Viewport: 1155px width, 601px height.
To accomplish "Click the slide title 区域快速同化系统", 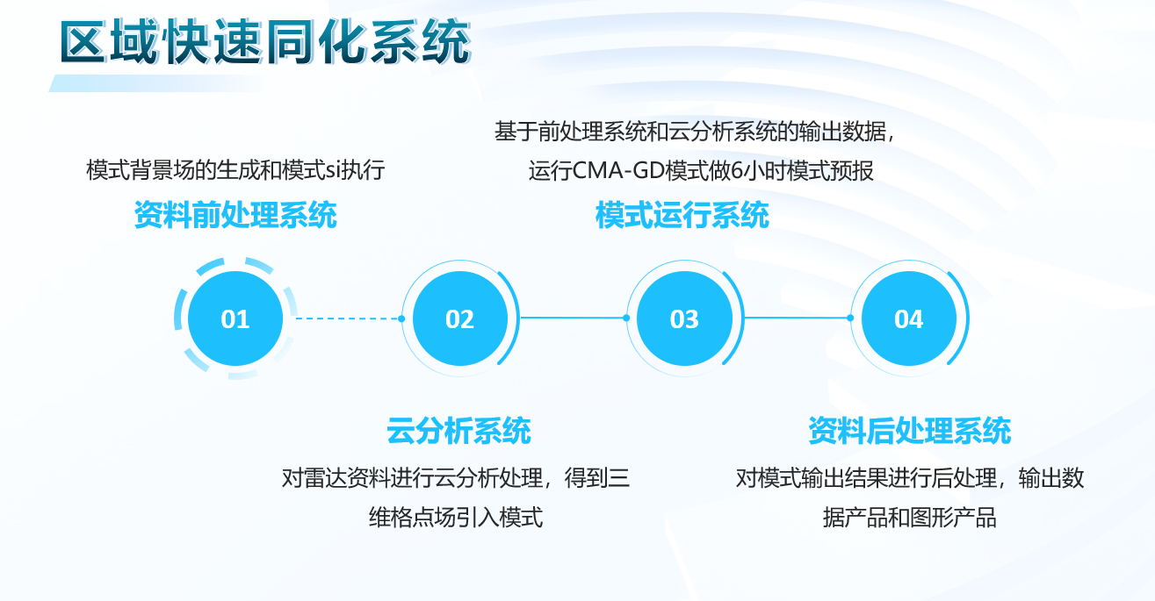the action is pos(265,41).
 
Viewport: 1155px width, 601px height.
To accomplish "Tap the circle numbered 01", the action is pos(235,318).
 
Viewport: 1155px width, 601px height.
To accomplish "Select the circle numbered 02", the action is pos(460,318).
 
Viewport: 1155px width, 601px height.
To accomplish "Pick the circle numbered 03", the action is pos(684,318).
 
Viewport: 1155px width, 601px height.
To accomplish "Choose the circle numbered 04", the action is pos(909,318).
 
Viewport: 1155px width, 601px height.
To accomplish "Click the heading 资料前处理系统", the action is pos(235,215).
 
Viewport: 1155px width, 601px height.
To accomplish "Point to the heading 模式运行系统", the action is pos(682,215).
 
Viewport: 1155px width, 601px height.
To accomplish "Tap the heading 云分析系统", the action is pos(458,431).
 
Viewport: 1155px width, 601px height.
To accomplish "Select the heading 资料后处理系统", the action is pos(910,431).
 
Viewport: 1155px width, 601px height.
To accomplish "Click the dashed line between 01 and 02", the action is pos(350,318).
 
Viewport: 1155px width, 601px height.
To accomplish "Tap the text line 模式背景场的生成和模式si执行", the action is pos(235,170).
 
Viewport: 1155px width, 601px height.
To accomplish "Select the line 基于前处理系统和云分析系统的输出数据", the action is pos(691,132).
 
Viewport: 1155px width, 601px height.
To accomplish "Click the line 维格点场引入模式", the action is pos(456,517).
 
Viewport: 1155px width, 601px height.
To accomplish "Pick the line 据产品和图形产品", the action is pos(910,517).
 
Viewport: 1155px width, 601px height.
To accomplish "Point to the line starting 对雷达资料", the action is pos(456,478).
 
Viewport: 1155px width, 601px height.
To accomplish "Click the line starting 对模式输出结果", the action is pos(910,478).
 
